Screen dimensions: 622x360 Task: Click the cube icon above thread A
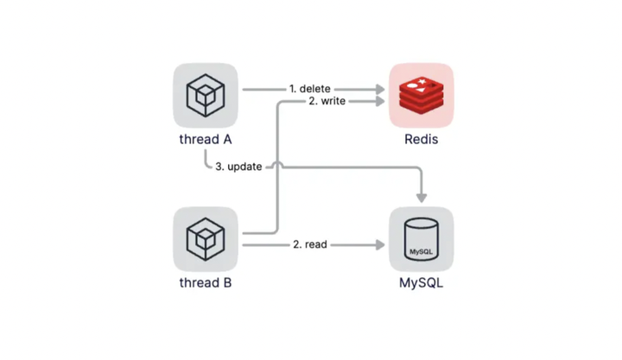pos(206,96)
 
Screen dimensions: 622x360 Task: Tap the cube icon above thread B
pos(206,239)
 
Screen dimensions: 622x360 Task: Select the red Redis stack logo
pos(421,97)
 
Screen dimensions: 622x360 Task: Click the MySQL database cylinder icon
pos(421,239)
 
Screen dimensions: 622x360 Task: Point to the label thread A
pos(206,139)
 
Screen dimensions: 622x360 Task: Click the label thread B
pos(206,282)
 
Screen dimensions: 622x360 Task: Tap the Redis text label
pos(422,139)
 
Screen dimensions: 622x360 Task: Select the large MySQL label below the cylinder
pos(422,283)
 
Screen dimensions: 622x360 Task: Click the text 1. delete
pos(310,89)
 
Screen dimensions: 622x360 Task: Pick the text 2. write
pos(327,101)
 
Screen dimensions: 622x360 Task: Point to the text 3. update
pos(238,167)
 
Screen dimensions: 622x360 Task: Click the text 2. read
pos(310,244)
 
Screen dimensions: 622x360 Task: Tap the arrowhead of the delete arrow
pos(380,89)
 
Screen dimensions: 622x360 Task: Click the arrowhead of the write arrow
pos(380,102)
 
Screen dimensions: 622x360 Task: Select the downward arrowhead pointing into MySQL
pos(422,198)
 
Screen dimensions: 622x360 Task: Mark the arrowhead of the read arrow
pos(380,245)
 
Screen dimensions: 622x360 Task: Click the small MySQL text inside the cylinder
pos(421,252)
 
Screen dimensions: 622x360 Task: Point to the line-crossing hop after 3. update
pos(277,164)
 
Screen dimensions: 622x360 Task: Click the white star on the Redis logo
pos(422,82)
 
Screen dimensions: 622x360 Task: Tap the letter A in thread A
pos(227,139)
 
